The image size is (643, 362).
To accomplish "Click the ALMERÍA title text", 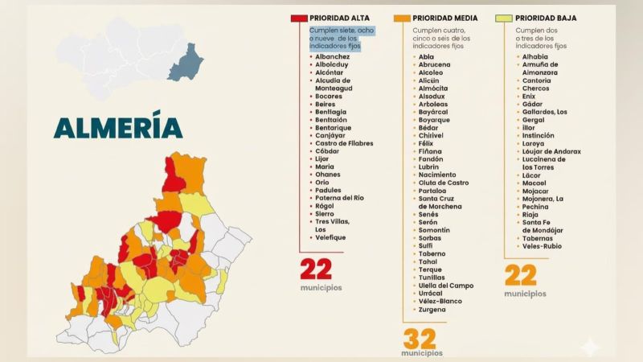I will point(117,128).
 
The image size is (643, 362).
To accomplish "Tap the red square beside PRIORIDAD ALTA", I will point(299,17).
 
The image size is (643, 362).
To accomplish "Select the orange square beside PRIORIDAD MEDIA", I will point(402,17).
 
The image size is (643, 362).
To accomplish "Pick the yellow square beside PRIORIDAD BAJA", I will point(505,17).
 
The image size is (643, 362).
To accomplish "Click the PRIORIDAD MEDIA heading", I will point(445,17).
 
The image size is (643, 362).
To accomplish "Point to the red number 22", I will point(315,268).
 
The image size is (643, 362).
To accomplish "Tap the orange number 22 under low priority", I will point(520,276).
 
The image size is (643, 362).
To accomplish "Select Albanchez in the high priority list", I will point(333,57).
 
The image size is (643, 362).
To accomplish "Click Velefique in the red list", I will point(331,237).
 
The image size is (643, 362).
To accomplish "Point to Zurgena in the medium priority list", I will point(432,309).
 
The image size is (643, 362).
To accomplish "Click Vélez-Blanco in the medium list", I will point(440,301).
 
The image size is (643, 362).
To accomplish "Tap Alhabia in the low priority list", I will point(535,57).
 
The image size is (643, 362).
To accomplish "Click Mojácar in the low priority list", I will point(535,191).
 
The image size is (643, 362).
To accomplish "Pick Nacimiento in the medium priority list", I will point(437,175).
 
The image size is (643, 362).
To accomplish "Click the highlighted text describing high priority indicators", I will point(342,38).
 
